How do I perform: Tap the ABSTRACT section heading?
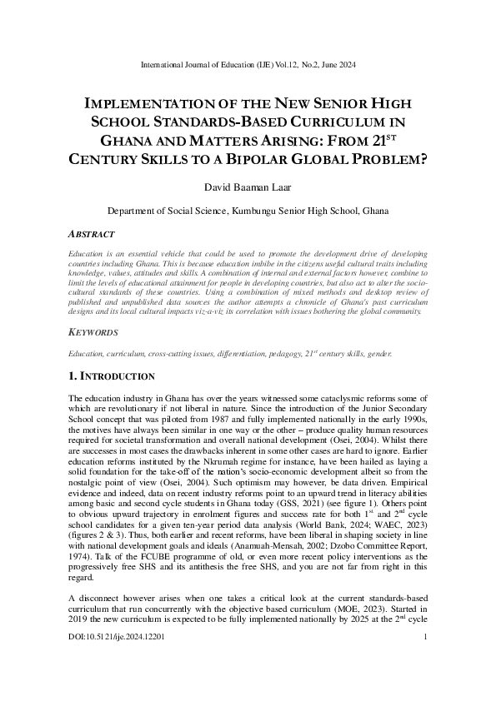[x=91, y=234]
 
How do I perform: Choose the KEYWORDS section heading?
[x=93, y=331]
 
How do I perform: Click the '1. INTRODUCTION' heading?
[x=111, y=375]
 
